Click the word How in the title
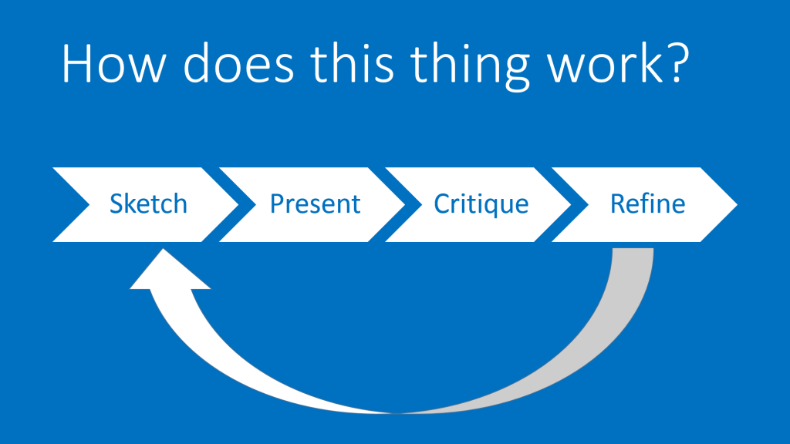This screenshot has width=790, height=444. (x=113, y=63)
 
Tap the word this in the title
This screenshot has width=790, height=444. (x=352, y=62)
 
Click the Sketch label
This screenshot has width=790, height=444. (x=148, y=203)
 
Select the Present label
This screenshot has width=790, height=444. (x=315, y=203)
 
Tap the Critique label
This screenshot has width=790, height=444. (x=481, y=205)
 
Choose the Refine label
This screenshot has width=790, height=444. (x=647, y=203)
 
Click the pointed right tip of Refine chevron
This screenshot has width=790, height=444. (x=737, y=204)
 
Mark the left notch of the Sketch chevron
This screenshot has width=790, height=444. (x=89, y=204)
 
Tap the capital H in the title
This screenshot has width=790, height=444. (x=77, y=63)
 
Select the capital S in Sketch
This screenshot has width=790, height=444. (x=117, y=203)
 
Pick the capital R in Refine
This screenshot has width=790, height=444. (x=618, y=203)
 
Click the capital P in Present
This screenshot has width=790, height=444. (x=278, y=203)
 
